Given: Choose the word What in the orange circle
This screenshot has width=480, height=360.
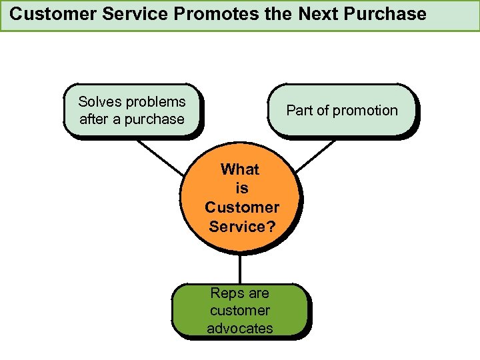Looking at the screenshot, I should click(240, 169).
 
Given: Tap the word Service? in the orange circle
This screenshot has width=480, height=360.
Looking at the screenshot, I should click(241, 227).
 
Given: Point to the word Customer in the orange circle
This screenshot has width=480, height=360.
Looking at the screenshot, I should click(241, 207).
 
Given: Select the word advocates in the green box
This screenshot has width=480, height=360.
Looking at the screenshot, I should click(240, 328).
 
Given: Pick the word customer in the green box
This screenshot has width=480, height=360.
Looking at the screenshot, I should click(240, 310).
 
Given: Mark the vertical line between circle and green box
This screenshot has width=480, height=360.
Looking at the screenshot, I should click(240, 269).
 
